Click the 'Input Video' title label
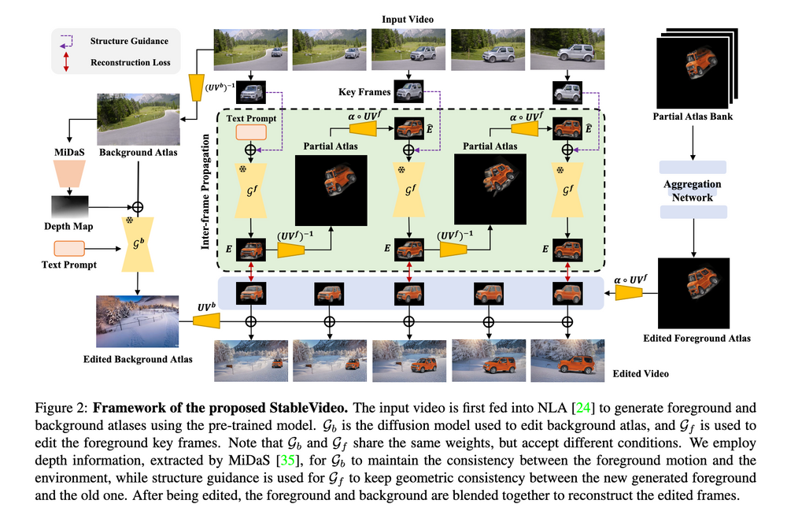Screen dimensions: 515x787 408,19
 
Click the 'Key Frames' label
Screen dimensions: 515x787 364,92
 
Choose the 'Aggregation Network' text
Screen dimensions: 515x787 691,190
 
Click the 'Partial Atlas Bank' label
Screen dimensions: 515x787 691,117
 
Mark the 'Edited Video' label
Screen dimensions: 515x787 641,373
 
